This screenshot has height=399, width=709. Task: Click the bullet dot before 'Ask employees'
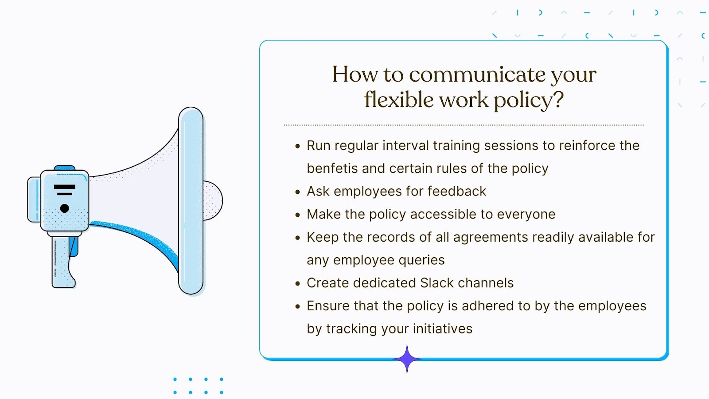(298, 192)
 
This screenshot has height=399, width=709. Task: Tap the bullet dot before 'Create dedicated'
(298, 284)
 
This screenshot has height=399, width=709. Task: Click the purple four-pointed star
(407, 359)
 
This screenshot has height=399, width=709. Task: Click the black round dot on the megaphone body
(65, 208)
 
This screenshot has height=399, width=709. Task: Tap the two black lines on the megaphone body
(65, 190)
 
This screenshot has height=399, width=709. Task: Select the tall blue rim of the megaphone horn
(191, 201)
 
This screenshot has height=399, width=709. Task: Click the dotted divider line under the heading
(464, 125)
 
